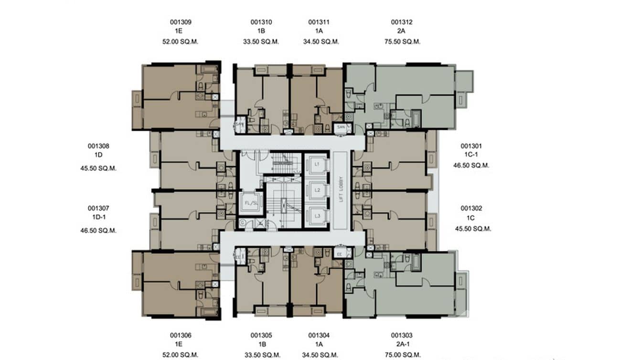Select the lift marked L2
point(317,190)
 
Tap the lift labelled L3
point(317,216)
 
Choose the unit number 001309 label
point(181,22)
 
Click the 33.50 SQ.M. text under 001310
point(261,42)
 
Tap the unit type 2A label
point(401,31)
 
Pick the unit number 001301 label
point(471,146)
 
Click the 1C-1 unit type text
point(471,155)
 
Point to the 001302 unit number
point(471,208)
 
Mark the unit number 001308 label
point(98,146)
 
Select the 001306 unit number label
point(181,335)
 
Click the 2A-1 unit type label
point(401,345)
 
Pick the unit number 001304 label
point(319,335)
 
